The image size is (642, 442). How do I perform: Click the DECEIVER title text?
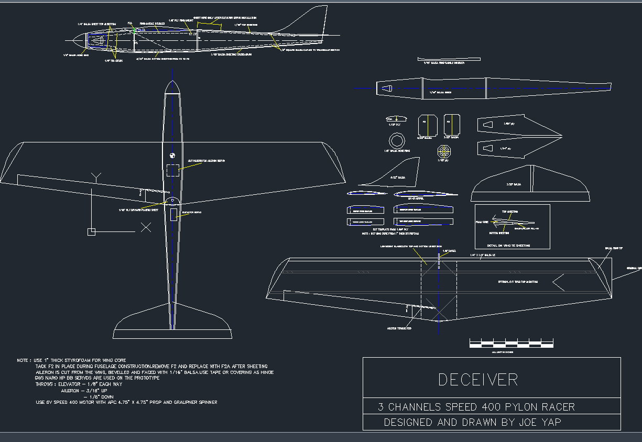click(478, 380)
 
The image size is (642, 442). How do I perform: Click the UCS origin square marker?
click(91, 231)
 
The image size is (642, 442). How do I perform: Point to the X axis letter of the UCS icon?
click(146, 227)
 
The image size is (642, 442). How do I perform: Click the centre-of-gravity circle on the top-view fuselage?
click(171, 155)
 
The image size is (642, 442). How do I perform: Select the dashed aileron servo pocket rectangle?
click(172, 170)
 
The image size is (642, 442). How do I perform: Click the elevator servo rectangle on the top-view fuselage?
click(174, 214)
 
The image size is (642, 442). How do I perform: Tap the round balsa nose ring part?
click(397, 141)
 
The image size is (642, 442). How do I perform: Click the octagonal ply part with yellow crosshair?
click(445, 151)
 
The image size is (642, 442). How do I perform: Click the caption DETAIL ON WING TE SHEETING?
click(508, 245)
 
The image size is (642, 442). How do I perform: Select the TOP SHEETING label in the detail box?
click(510, 212)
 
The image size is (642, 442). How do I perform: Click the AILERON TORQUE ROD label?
click(399, 328)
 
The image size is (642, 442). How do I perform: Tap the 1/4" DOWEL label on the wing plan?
click(449, 251)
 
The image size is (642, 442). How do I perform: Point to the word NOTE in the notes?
click(23, 361)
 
